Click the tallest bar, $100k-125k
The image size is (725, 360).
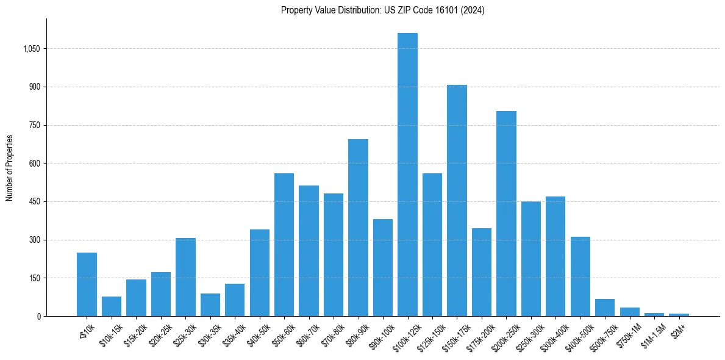[x=407, y=175]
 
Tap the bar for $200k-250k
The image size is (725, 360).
[x=506, y=214]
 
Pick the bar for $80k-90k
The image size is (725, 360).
[x=358, y=228]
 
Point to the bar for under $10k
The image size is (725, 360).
[x=87, y=284]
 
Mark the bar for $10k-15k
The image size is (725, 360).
[x=112, y=306]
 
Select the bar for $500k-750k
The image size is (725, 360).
[x=605, y=308]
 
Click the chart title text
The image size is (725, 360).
[x=383, y=10]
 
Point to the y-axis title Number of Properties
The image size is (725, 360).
[x=10, y=168]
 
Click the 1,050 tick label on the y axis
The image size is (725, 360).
[x=31, y=49]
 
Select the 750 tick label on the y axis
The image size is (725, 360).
[x=34, y=125]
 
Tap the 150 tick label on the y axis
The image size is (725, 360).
[x=34, y=278]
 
